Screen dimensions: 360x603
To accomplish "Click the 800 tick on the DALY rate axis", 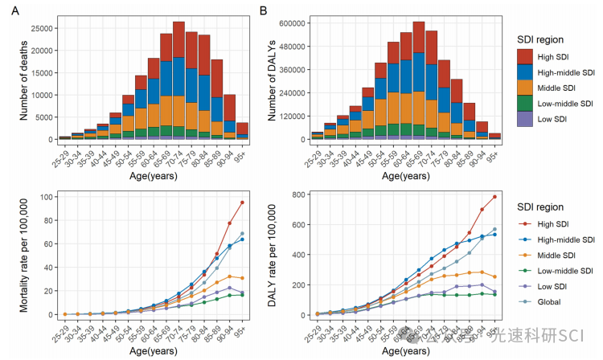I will click(301, 194).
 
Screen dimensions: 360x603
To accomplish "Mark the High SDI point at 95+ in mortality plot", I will click(242, 202).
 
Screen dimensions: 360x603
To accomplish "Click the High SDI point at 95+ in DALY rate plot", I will click(494, 197).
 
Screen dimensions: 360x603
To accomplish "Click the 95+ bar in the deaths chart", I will click(242, 130).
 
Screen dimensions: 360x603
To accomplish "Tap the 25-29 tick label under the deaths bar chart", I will click(59, 153).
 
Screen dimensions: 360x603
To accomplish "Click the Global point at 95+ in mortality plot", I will click(242, 234).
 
